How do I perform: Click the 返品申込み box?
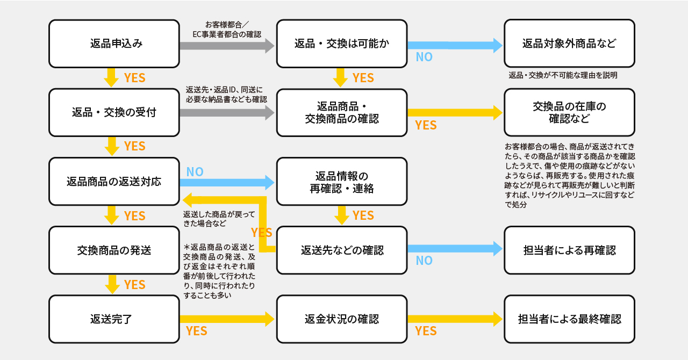(114, 44)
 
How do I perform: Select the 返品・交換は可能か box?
(342, 44)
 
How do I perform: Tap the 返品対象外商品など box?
(569, 44)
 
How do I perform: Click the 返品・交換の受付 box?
(114, 112)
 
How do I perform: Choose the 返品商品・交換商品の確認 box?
(342, 112)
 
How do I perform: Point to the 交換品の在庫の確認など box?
(569, 112)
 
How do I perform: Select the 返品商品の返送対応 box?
(114, 181)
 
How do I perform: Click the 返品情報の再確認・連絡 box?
(342, 181)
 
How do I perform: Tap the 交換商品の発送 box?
(114, 250)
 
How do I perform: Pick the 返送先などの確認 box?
(342, 250)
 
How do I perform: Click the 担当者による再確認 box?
(569, 250)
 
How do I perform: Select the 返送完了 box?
(114, 319)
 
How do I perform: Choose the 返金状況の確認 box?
(342, 319)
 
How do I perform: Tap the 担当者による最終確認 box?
(569, 319)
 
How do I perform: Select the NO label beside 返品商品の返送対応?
(195, 172)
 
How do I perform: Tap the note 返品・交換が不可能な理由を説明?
(563, 76)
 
